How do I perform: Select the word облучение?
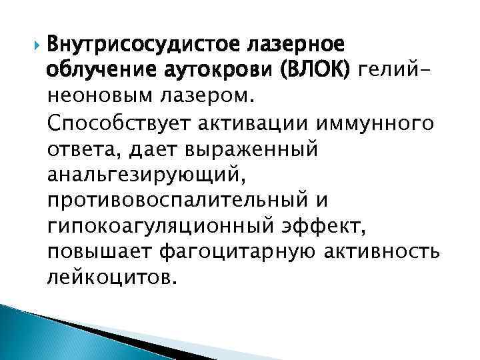pyautogui.click(x=99, y=70)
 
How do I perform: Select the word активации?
pyautogui.click(x=247, y=123)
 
